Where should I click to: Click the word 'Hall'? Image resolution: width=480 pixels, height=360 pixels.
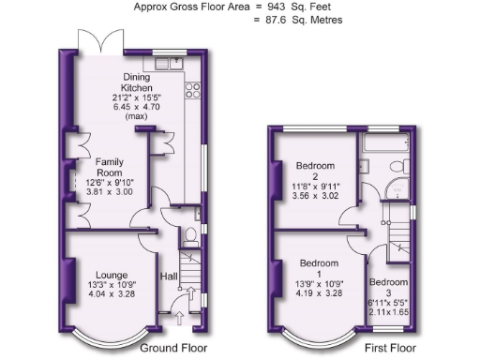pyautogui.click(x=170, y=277)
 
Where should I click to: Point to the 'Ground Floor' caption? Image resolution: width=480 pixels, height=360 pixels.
pyautogui.click(x=173, y=348)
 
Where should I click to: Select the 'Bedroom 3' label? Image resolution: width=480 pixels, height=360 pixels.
pyautogui.click(x=388, y=287)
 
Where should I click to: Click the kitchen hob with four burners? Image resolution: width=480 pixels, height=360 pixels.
pyautogui.click(x=195, y=90)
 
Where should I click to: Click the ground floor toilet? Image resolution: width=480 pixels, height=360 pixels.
pyautogui.click(x=190, y=234)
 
